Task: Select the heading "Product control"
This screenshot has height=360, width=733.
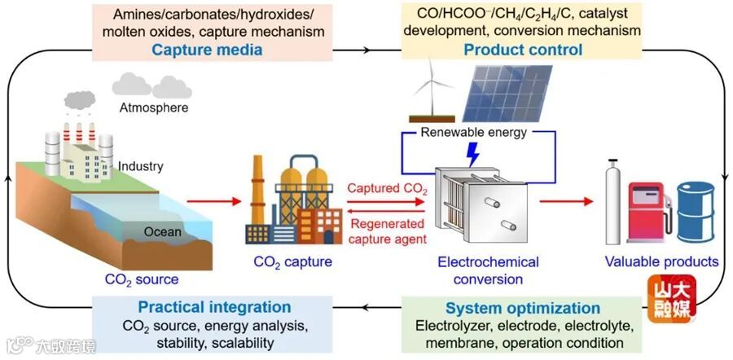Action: pyautogui.click(x=523, y=50)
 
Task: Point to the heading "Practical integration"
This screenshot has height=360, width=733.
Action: pyautogui.click(x=214, y=308)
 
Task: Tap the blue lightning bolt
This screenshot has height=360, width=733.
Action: pyautogui.click(x=470, y=154)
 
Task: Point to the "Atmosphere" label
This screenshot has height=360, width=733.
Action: pyautogui.click(x=154, y=108)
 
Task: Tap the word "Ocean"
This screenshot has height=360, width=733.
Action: pyautogui.click(x=163, y=231)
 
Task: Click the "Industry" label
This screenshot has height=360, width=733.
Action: pyautogui.click(x=141, y=166)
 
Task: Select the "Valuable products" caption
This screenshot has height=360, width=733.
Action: pyautogui.click(x=661, y=261)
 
